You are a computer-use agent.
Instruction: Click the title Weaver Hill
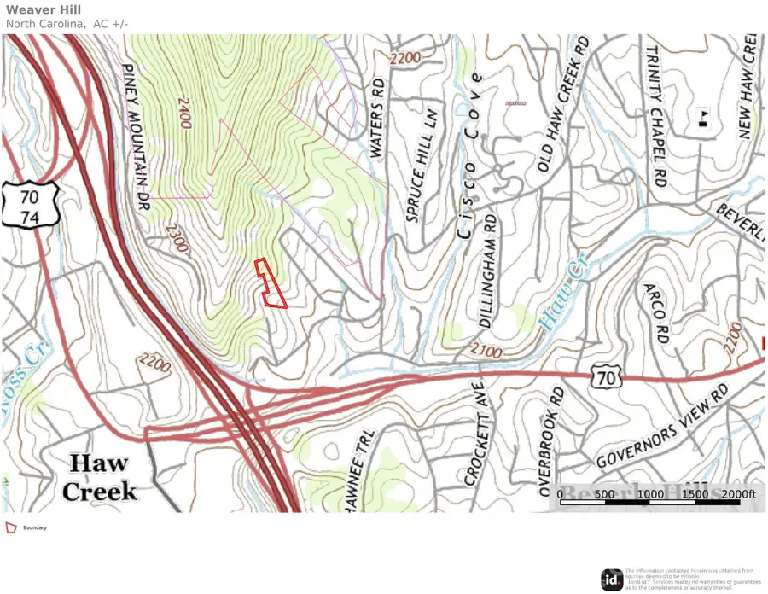pyautogui.click(x=44, y=9)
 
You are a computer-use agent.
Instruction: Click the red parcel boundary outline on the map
pyautogui.click(x=271, y=283)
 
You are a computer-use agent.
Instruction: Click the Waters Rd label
pyautogui.click(x=377, y=119)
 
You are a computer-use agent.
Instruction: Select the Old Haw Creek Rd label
pyautogui.click(x=563, y=108)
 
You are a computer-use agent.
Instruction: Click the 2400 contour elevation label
pyautogui.click(x=183, y=112)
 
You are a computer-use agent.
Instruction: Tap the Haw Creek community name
pyautogui.click(x=100, y=478)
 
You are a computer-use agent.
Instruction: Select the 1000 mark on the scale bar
pyautogui.click(x=650, y=494)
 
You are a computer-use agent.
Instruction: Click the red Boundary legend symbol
pyautogui.click(x=11, y=528)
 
